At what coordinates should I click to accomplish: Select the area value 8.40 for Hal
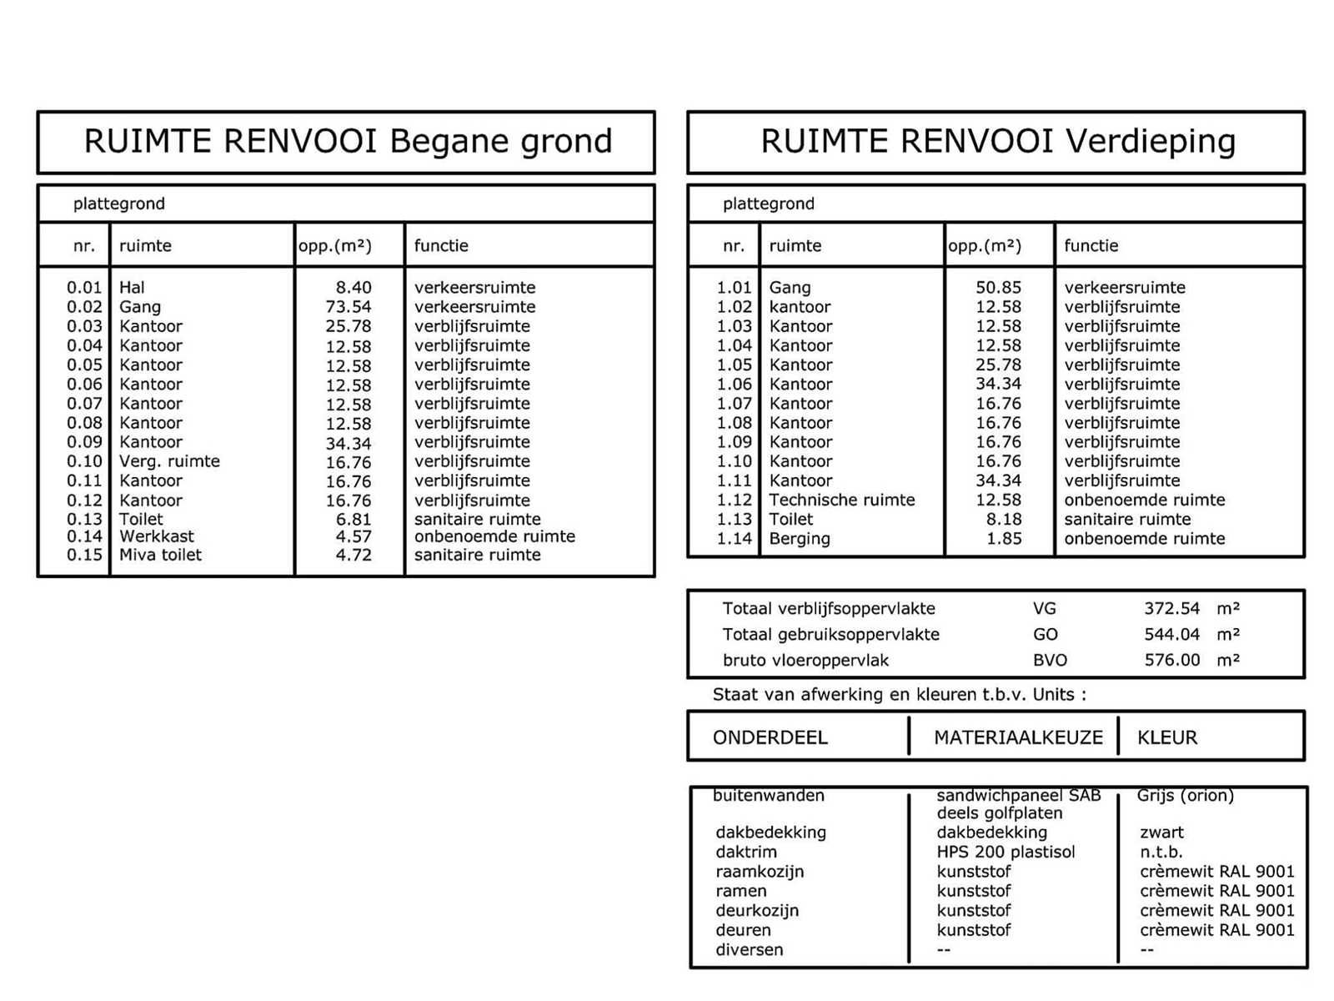[x=354, y=288]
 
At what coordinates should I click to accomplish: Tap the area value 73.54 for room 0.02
[x=349, y=307]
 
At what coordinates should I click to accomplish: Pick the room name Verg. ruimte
[x=169, y=461]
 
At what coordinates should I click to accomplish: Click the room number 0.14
[x=84, y=536]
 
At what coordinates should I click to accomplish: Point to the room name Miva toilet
[x=160, y=556]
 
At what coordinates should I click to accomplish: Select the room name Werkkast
[x=157, y=536]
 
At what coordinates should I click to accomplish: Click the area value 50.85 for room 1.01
[x=998, y=288]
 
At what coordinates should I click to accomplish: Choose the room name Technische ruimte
[x=841, y=500]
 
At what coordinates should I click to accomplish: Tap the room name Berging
[x=799, y=539]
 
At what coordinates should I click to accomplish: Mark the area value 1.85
[x=1004, y=539]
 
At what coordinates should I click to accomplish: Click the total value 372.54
[x=1171, y=609]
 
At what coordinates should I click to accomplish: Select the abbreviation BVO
[x=1050, y=661]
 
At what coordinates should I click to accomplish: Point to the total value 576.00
[x=1171, y=661]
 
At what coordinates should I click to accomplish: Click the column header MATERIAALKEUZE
[x=1017, y=737]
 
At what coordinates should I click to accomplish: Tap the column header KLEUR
[x=1166, y=737]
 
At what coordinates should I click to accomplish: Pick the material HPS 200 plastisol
[x=1006, y=852]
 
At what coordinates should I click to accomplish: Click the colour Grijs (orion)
[x=1185, y=796]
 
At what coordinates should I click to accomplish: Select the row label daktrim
[x=745, y=852]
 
